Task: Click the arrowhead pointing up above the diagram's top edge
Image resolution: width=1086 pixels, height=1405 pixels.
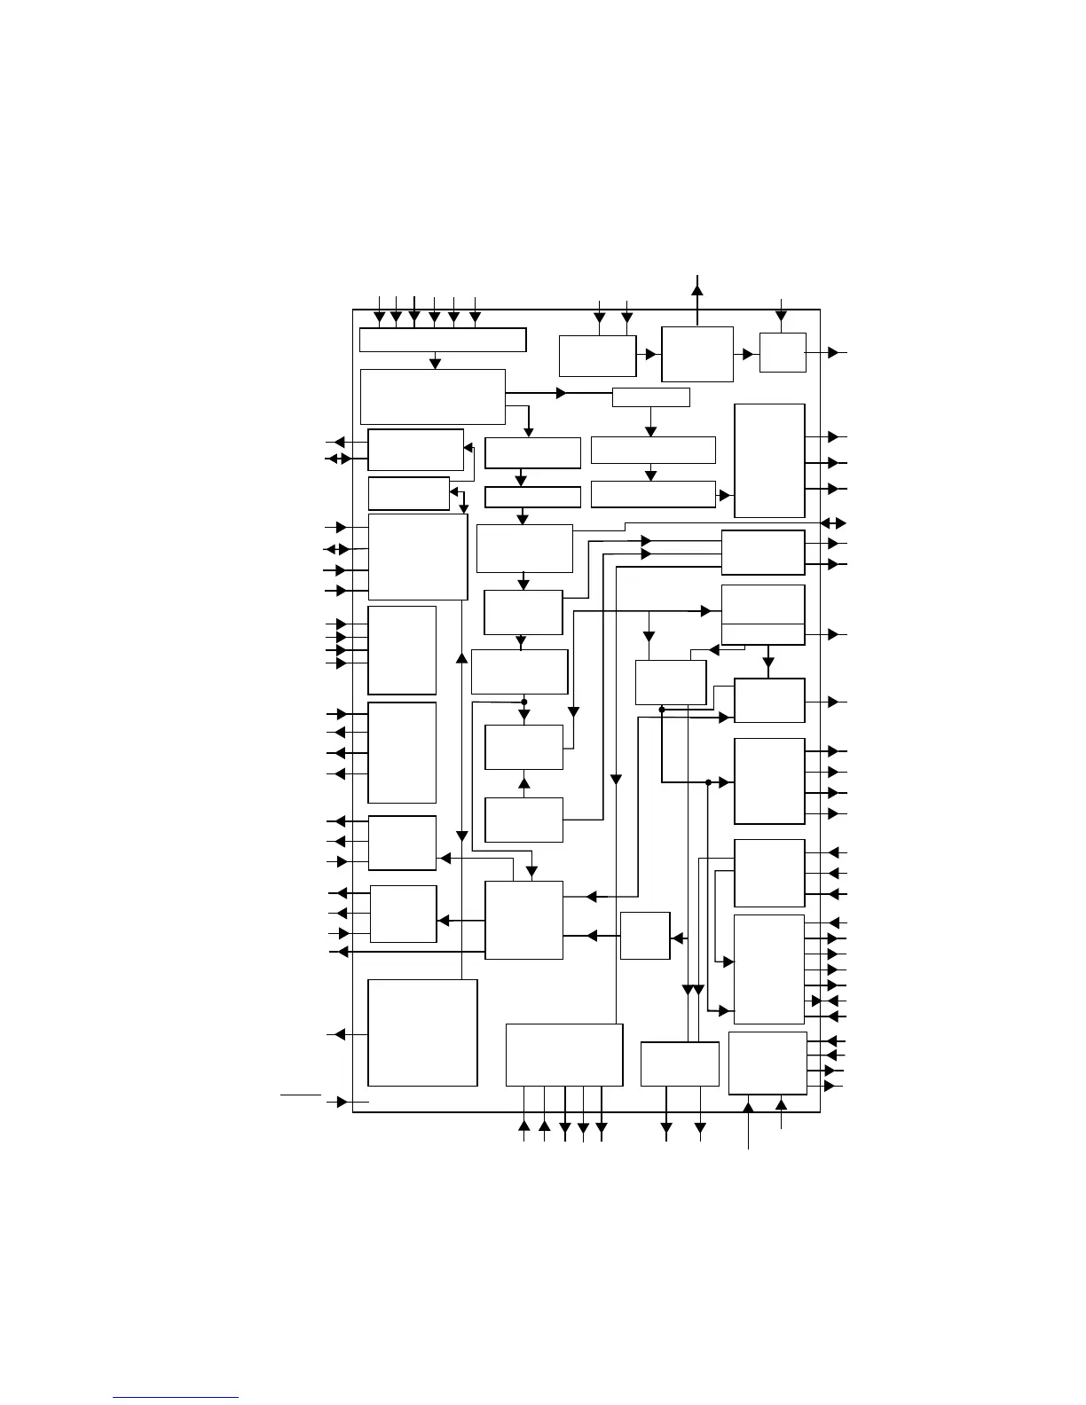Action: point(697,288)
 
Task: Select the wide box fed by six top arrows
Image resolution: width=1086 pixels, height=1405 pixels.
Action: point(443,340)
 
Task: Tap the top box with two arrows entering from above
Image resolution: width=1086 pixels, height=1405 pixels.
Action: point(597,356)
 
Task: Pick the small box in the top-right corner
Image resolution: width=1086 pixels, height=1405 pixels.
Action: point(783,353)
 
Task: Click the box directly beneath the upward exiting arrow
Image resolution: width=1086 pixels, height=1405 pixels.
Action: point(697,354)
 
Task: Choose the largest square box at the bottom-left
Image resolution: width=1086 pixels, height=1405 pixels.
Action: point(422,1032)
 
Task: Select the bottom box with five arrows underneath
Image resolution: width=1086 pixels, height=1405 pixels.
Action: point(564,1055)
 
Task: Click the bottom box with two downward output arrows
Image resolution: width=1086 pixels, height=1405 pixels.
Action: point(680,1064)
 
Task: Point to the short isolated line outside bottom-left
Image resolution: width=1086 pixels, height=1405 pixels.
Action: point(301,1095)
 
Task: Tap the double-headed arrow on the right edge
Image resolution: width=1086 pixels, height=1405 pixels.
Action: point(833,522)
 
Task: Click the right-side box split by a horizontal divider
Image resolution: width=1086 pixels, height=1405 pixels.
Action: point(763,615)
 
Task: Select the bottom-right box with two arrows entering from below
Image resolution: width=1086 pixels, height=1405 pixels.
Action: point(767,1063)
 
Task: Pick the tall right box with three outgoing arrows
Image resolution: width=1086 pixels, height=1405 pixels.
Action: point(769,460)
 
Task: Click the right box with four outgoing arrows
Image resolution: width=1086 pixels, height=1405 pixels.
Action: point(769,781)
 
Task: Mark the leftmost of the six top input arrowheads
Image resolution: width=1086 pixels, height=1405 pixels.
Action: point(380,317)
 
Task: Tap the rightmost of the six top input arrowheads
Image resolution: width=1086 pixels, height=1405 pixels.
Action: point(475,317)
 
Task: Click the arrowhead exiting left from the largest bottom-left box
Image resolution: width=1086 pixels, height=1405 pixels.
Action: point(338,1034)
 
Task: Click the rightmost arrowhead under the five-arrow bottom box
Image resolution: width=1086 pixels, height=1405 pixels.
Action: point(602,1128)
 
